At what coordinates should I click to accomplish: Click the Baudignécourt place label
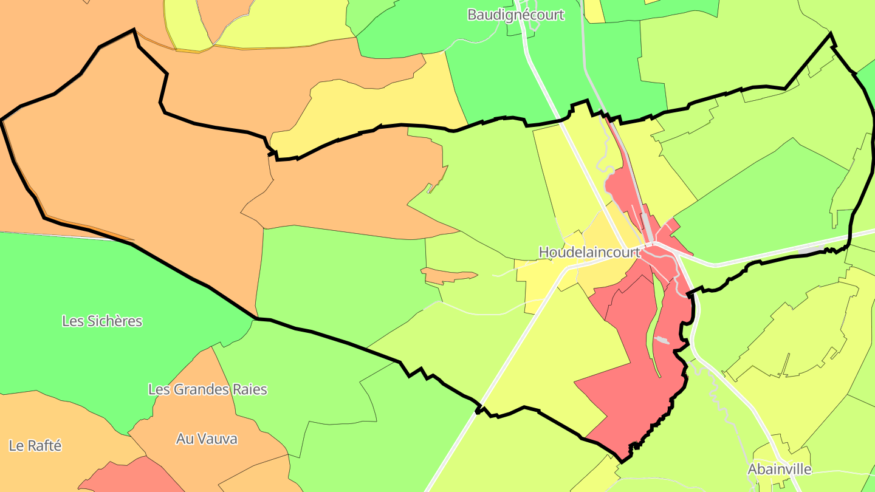pyautogui.click(x=515, y=15)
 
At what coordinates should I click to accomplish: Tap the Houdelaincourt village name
pyautogui.click(x=589, y=252)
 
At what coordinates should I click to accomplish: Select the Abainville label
pyautogui.click(x=779, y=469)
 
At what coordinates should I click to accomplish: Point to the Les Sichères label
pyautogui.click(x=102, y=321)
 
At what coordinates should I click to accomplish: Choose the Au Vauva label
pyautogui.click(x=207, y=439)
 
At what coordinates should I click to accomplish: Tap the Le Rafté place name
pyautogui.click(x=35, y=445)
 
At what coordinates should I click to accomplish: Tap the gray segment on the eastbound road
pyautogui.click(x=811, y=250)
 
